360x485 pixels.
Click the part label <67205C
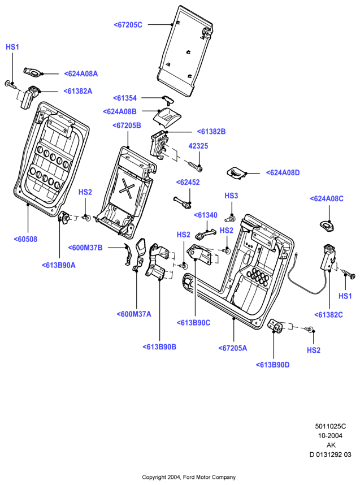pos(128,25)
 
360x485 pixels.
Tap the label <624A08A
pos(81,73)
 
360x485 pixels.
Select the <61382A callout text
pos(78,91)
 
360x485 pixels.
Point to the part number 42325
pos(198,146)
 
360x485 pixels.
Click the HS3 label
pos(231,196)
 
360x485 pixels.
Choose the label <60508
pos(25,239)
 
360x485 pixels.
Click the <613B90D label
pos(273,365)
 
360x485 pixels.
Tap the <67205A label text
pos(233,348)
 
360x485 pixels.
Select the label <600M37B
pos(85,248)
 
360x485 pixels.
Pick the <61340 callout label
pos(206,215)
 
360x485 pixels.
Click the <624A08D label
pos(283,172)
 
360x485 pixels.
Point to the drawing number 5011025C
pos(330,426)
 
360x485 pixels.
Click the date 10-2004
pos(330,435)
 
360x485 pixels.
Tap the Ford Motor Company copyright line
pos(189,477)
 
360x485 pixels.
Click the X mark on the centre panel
pos(126,187)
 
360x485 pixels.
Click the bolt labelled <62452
pos(183,202)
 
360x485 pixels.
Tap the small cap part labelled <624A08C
pos(327,226)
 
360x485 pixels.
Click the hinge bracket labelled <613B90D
pos(275,326)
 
